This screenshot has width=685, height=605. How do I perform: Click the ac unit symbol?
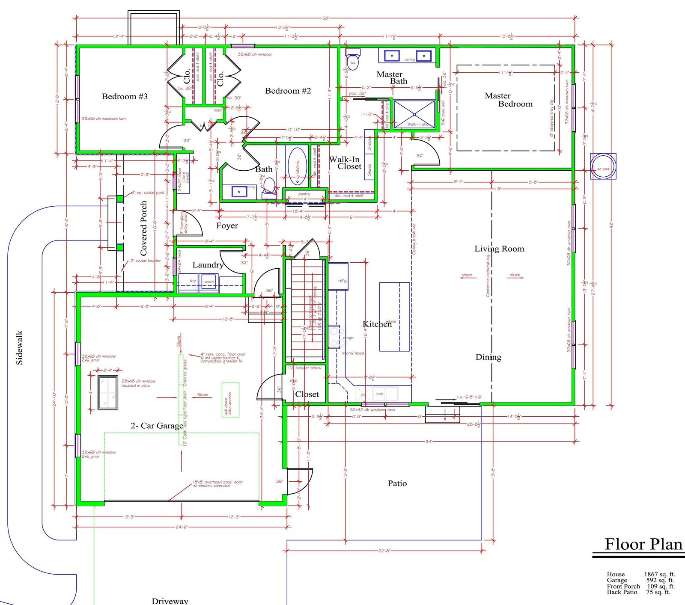603,166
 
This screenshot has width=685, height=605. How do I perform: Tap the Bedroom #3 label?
125,97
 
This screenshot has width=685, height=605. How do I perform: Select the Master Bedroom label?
508,100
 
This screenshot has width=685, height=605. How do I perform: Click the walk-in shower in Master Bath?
414,114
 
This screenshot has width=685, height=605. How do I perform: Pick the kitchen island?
394,317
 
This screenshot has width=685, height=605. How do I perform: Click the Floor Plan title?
643,544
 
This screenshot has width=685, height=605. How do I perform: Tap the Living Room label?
499,249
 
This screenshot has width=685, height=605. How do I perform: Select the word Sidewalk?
19,347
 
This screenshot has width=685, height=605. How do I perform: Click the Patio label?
397,483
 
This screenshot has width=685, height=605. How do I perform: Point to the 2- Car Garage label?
157,426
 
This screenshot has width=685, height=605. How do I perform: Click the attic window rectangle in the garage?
108,393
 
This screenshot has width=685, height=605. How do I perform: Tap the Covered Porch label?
144,228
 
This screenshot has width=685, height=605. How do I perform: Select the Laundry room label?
208,265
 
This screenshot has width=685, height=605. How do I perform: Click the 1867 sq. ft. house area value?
659,575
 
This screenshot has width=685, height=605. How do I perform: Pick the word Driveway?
170,601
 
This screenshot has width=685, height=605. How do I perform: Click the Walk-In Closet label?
345,163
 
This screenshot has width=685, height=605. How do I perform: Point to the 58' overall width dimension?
325,18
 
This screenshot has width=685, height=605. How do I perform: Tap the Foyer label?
227,226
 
